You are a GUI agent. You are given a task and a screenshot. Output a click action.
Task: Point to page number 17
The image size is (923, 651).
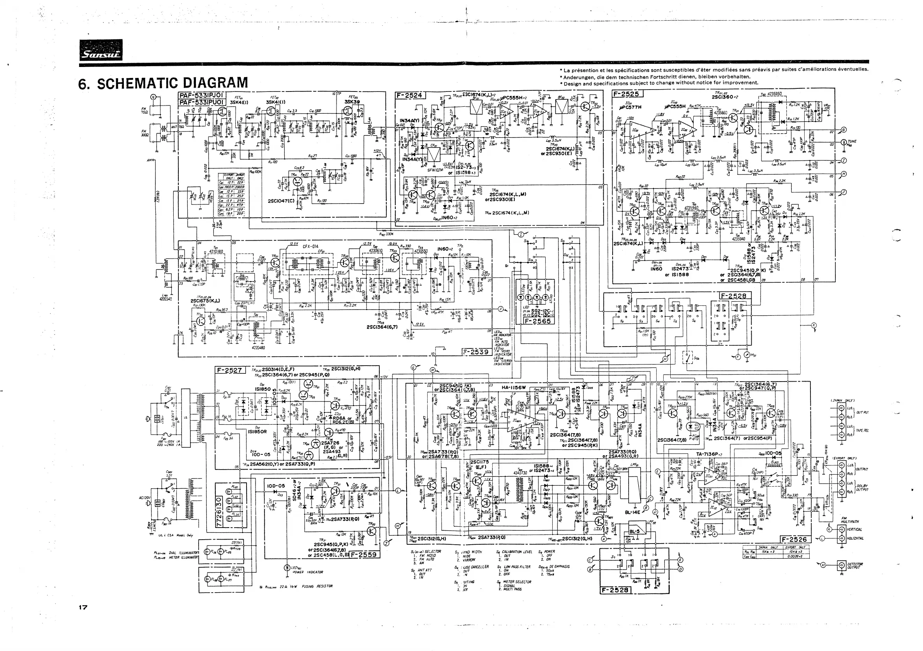click(x=83, y=607)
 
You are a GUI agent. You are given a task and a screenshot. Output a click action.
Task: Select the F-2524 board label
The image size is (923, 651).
click(x=410, y=95)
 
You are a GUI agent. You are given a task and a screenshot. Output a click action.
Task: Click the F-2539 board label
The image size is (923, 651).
click(x=475, y=352)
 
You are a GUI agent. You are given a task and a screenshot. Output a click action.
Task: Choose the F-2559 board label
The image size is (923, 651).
click(x=363, y=555)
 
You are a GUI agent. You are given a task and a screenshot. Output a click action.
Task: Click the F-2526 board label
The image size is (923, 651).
click(x=796, y=539)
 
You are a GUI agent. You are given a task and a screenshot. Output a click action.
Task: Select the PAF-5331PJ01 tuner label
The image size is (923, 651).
click(x=202, y=96)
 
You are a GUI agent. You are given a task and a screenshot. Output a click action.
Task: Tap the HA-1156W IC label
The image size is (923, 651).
click(x=513, y=388)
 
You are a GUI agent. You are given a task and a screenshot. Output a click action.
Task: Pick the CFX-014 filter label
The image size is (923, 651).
click(x=310, y=246)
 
